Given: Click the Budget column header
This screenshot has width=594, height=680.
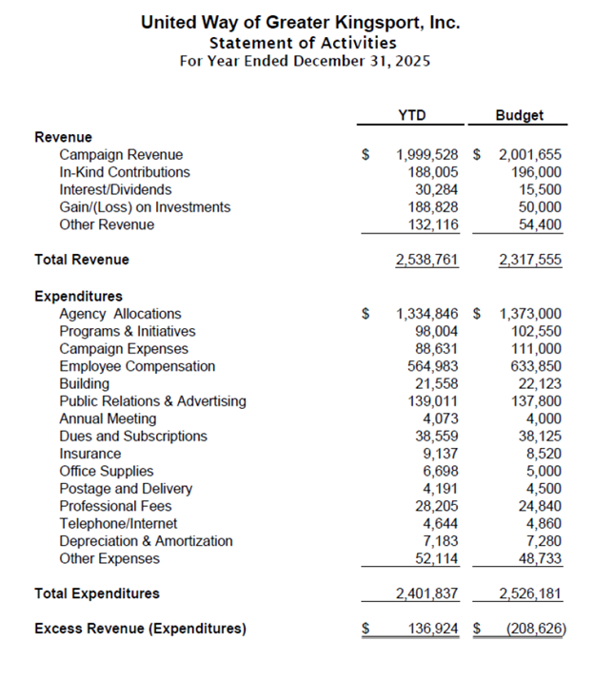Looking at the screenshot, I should click(x=519, y=116).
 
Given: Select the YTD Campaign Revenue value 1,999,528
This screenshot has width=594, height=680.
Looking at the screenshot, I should click(x=427, y=155).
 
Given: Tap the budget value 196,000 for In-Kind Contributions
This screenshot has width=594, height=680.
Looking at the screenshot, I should click(x=533, y=172).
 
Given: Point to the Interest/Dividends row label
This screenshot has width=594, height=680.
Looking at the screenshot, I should click(x=115, y=190).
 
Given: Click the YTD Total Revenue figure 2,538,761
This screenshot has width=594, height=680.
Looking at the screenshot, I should click(x=427, y=260).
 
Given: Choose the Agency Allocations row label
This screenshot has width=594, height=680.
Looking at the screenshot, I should click(x=120, y=314).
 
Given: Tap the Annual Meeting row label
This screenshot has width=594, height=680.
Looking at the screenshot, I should click(x=108, y=418).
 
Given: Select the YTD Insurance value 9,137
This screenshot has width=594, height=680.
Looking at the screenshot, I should click(x=441, y=454).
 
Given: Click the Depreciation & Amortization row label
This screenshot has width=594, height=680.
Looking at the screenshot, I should click(x=146, y=541).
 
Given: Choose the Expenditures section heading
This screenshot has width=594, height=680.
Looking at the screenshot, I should click(x=78, y=297).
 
